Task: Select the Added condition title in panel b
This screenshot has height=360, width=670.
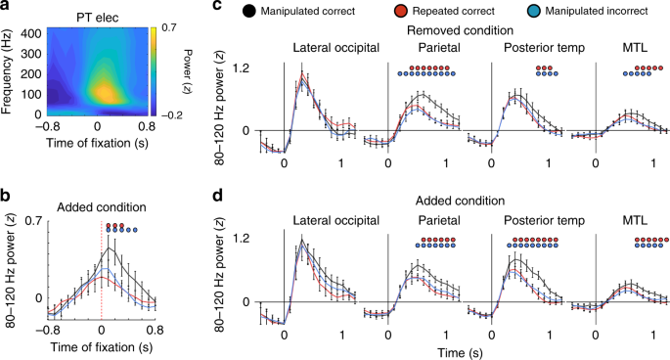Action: point(103,206)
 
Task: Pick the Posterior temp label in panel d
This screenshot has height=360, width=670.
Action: point(537,221)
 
